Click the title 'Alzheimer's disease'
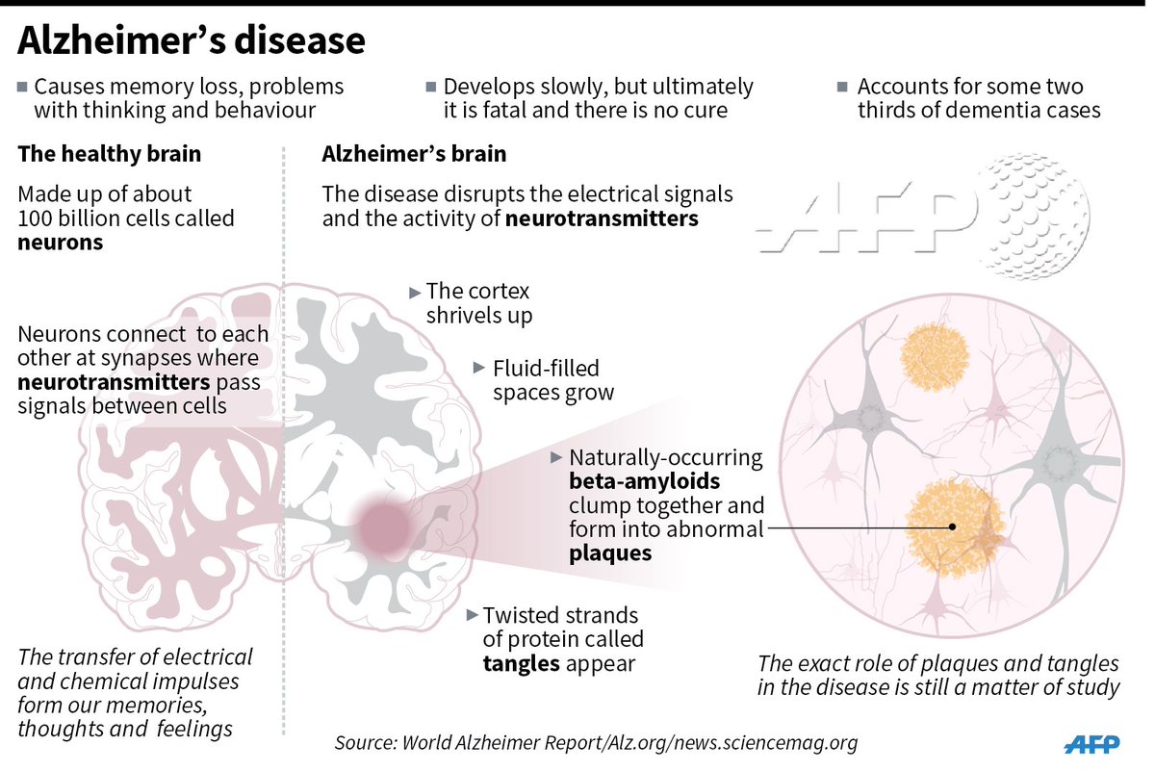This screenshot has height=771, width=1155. point(192,42)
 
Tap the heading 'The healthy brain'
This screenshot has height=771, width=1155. point(111,154)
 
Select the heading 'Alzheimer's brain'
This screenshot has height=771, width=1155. point(414,154)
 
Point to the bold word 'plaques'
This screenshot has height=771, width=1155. point(610,553)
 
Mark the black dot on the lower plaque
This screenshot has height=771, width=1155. point(951,527)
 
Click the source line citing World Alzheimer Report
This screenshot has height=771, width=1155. point(596,743)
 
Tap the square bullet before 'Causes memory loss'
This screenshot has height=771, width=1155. point(22,87)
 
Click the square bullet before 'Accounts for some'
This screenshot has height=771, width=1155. point(844,87)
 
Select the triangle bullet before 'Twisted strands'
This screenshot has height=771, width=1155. point(471,614)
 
